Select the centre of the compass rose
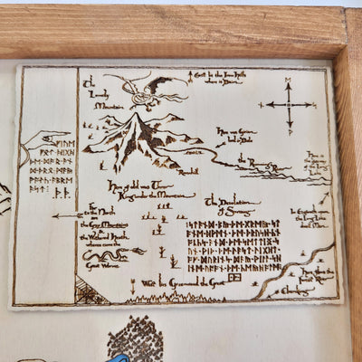pyautogui.click(x=289, y=106)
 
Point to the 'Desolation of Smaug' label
pyautogui.click(x=233, y=205)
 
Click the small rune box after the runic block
pyautogui.click(x=234, y=279)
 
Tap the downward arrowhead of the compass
pyautogui.click(x=289, y=129)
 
